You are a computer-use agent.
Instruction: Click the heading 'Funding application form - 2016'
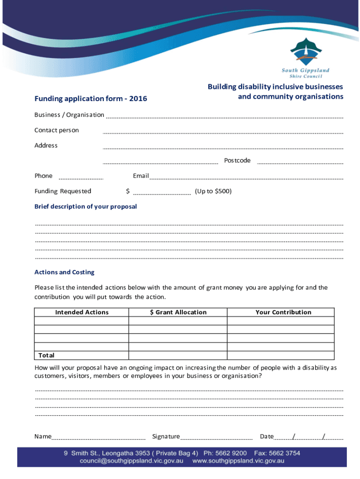[91, 99]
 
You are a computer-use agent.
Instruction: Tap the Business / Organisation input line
[223, 117]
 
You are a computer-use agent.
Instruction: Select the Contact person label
[57, 130]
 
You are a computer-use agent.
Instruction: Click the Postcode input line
[300, 163]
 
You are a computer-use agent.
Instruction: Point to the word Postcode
[237, 160]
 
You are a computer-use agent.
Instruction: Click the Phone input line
[81, 178]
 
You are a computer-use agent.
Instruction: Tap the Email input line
[246, 178]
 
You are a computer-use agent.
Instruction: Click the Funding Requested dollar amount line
[162, 193]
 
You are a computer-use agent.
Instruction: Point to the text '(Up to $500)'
[213, 191]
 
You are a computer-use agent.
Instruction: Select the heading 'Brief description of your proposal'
[86, 206]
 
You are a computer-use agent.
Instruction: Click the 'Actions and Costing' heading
[65, 272]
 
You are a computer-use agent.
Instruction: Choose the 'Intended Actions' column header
[82, 312]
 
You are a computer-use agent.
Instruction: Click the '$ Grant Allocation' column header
[178, 312]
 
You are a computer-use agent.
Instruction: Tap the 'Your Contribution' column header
[283, 312]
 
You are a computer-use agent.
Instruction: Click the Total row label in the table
[46, 356]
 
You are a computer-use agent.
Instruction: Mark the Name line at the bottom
[98, 439]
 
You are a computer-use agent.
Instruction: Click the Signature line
[216, 439]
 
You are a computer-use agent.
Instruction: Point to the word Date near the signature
[266, 436]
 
